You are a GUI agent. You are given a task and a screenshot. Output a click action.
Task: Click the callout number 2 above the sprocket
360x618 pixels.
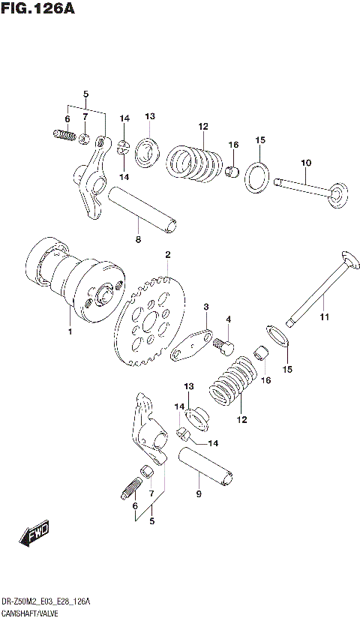tap(168, 255)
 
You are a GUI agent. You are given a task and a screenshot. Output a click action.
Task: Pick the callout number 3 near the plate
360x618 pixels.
tap(205, 307)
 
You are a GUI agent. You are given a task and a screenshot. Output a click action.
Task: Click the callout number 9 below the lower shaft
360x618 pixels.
tap(198, 493)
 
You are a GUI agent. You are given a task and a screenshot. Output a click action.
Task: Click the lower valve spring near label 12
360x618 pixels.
tap(235, 379)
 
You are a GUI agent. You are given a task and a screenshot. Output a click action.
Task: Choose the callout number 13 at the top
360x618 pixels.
tap(149, 116)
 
